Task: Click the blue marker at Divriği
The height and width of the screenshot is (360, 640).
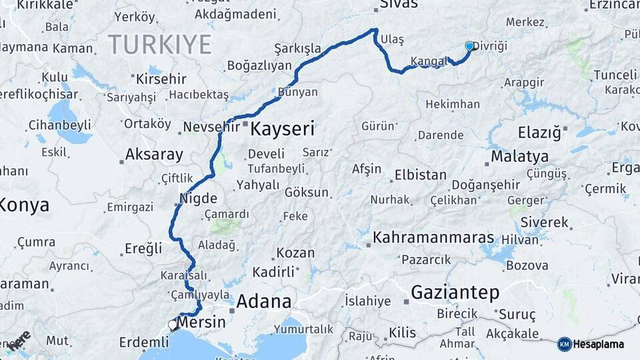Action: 469,46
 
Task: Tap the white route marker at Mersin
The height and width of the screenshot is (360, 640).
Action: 173,325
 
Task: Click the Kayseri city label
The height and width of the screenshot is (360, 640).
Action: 281,129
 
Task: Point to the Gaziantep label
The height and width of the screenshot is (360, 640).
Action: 455,292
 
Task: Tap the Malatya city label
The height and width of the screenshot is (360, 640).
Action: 519,157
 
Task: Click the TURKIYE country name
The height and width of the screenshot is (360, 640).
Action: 160,45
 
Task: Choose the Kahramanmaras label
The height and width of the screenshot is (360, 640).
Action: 433,237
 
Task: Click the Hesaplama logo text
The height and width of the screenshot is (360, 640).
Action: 599,345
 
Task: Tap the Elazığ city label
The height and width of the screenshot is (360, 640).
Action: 539,133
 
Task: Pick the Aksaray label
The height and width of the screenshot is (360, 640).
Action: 154,155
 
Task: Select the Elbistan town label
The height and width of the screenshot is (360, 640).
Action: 420,175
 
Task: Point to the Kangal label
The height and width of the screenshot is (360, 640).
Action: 429,61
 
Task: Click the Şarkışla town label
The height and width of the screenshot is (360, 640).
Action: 297,48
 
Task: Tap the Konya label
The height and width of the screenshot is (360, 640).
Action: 24,205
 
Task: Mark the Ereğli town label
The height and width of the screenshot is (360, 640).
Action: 143,249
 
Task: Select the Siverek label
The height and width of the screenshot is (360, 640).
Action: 544,222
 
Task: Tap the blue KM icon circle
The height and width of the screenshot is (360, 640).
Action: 565,345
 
